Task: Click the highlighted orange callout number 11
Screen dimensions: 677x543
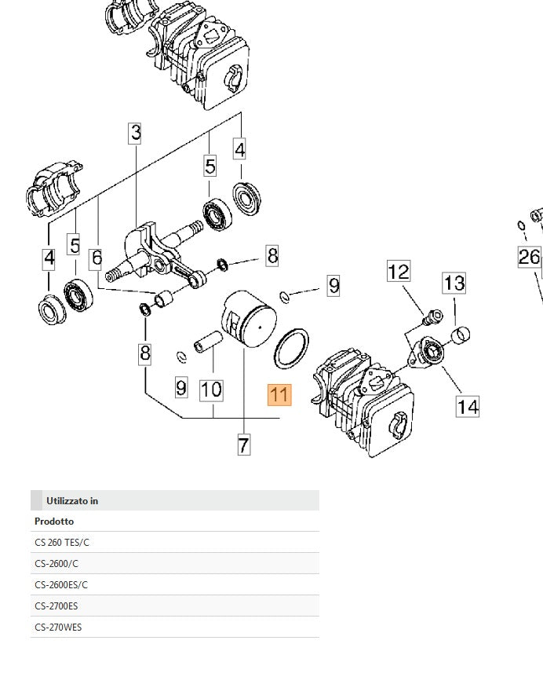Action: tap(279, 395)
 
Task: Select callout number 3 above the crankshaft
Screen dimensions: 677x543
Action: tap(136, 133)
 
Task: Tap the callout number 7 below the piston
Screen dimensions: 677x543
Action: tap(243, 445)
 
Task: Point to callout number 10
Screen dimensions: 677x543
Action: tap(211, 390)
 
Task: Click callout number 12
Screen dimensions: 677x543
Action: tap(399, 272)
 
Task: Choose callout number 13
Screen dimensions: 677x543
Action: tap(454, 283)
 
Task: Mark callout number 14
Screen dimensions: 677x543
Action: tap(468, 406)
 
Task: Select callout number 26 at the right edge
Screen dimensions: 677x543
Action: tap(530, 257)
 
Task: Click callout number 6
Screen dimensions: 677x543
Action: tap(96, 258)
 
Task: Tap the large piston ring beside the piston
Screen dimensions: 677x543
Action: tap(291, 348)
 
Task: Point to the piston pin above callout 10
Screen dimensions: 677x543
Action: tap(210, 346)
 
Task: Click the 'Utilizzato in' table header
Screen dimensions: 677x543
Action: tap(72, 500)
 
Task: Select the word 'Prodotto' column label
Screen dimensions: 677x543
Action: tap(54, 521)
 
